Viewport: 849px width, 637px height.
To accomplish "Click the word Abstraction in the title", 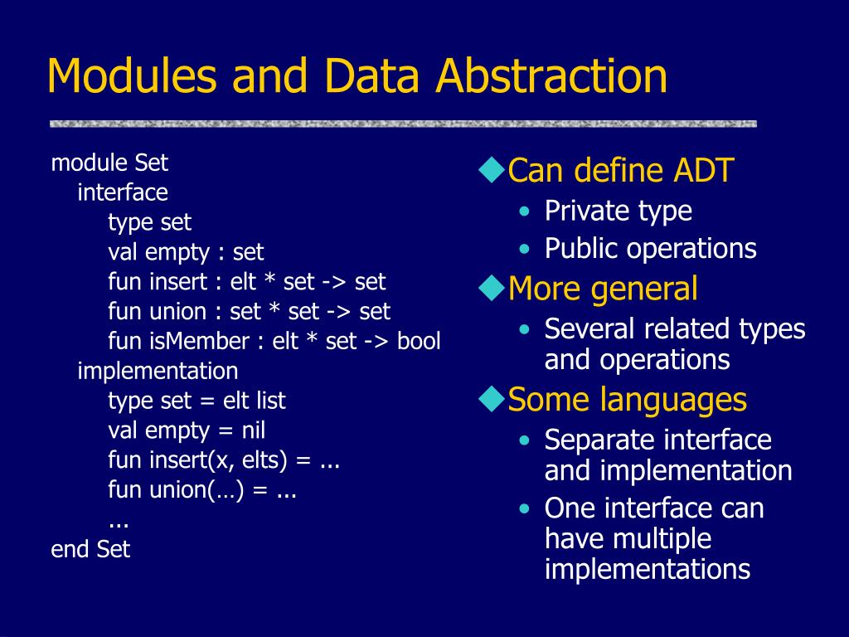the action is point(551,75).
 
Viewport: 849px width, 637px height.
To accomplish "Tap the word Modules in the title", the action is point(132,75).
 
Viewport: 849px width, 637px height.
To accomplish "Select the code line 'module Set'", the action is point(109,163).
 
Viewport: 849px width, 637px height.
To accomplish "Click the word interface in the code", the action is point(123,192).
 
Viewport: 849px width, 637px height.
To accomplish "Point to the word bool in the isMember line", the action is point(419,341).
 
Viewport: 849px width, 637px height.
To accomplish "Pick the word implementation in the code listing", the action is point(158,372).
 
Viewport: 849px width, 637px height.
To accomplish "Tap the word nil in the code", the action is point(254,430).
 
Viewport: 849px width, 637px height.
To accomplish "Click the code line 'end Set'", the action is point(90,549).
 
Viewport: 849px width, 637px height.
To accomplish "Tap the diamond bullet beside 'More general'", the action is point(492,288).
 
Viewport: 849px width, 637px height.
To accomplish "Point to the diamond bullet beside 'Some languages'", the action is point(492,399).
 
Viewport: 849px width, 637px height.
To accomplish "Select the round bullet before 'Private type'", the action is point(524,212).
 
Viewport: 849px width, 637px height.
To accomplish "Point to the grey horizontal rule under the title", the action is point(404,124).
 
